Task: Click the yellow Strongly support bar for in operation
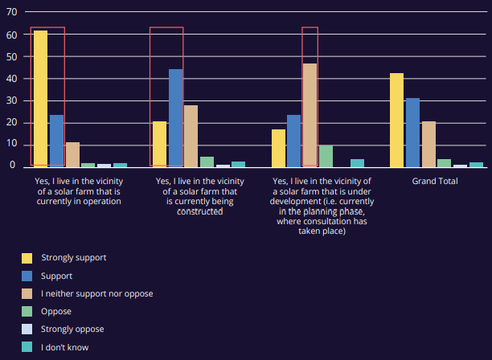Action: coord(40,99)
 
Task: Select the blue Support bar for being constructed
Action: coord(176,118)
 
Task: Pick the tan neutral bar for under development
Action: coord(310,116)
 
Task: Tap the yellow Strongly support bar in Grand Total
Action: coord(396,120)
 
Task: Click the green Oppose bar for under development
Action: coord(326,156)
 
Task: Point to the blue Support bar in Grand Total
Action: coord(412,133)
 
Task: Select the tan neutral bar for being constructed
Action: coord(191,136)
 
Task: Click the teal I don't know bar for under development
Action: coord(358,163)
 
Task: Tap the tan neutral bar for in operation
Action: coord(72,154)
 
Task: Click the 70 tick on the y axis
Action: coord(11,12)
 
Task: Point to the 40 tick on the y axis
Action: coord(11,79)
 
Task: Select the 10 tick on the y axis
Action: coord(11,144)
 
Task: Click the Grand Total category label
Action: coord(435,182)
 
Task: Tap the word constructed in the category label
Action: coord(200,211)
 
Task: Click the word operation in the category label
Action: coord(102,202)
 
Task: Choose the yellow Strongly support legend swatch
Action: coord(27,258)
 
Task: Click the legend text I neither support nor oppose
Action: coord(97,294)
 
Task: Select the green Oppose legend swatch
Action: coord(27,312)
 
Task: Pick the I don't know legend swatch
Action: coord(27,347)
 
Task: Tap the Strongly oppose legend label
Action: coord(72,329)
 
